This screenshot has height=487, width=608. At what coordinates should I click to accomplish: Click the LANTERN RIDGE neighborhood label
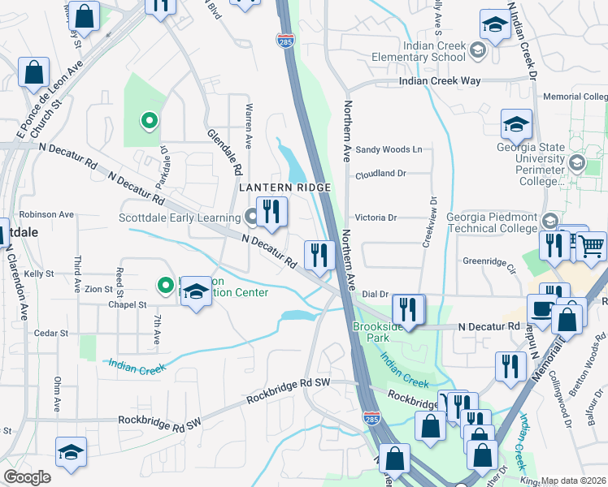284,187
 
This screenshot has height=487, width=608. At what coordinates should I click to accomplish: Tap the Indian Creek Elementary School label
418,51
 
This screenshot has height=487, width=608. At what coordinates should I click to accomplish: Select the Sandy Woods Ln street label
389,149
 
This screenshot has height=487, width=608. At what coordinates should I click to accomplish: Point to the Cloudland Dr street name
380,174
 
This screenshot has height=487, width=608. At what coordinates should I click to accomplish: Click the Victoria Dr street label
376,218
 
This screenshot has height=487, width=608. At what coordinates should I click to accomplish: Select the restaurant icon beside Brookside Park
409,309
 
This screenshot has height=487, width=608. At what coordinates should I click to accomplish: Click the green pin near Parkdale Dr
149,122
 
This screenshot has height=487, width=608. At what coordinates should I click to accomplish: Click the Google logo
27,477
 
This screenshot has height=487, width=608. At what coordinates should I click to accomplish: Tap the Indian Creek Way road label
439,81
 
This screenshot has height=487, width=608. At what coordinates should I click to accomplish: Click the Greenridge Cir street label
490,261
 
